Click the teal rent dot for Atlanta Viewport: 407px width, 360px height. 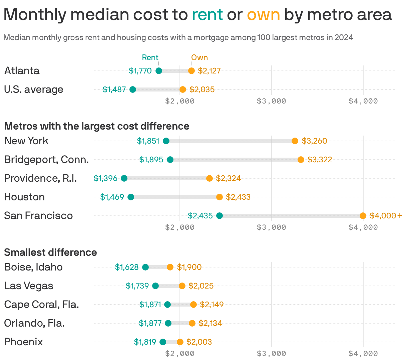159,71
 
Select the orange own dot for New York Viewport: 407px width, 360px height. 295,141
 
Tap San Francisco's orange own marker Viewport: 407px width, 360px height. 363,216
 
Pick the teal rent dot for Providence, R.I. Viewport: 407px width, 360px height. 124,178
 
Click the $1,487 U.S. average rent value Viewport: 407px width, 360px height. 114,89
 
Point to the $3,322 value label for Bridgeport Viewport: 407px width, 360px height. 320,160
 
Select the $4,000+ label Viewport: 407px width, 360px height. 386,216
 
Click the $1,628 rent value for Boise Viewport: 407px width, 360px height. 127,267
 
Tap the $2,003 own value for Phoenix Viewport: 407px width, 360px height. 199,342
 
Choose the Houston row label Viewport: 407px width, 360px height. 24,197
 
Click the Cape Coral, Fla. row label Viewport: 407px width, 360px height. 41,305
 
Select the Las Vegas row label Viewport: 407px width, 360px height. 29,286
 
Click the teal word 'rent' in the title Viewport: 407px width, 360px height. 207,15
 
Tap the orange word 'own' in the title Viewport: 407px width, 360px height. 263,15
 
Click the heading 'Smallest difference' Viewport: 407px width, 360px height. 50,252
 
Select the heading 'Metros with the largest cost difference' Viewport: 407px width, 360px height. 97,126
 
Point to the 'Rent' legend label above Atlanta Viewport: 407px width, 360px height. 150,57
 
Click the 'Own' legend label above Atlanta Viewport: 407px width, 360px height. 199,57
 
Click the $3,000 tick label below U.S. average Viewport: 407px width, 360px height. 272,101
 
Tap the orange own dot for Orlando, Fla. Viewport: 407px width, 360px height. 192,323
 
